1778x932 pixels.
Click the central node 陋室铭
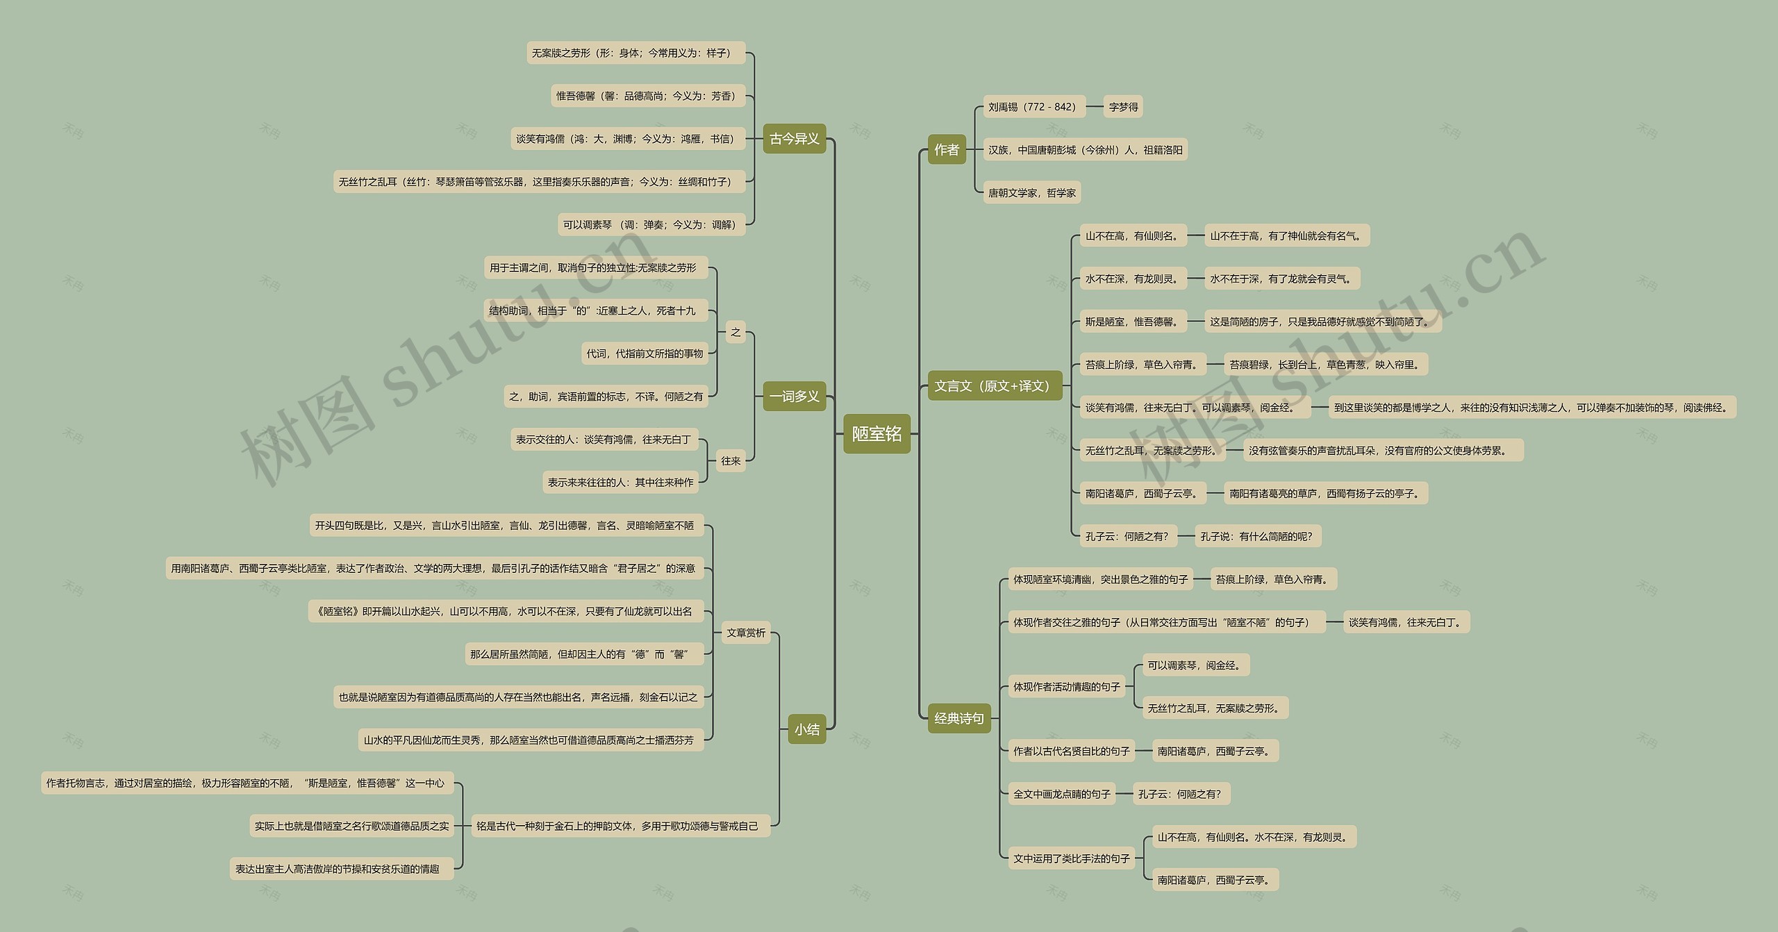click(876, 434)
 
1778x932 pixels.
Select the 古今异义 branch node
click(794, 139)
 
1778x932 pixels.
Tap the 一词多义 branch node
click(794, 397)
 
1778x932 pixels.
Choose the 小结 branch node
click(806, 729)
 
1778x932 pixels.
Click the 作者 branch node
click(946, 149)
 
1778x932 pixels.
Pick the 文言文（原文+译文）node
click(995, 386)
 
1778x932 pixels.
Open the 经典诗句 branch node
click(958, 718)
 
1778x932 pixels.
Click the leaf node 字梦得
click(1123, 107)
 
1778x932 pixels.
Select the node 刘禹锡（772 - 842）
click(1033, 107)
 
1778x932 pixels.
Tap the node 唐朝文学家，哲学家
click(1031, 193)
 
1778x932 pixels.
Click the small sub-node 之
click(735, 332)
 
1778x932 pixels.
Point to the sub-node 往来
click(730, 460)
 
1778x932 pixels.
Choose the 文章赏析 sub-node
click(745, 633)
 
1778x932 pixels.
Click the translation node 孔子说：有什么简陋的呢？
click(1258, 536)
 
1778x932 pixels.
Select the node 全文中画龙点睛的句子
click(1061, 794)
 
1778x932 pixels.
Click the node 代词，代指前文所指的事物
click(645, 353)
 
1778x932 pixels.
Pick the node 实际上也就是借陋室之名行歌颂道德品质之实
click(351, 826)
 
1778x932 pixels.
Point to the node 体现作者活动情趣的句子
click(1066, 687)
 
